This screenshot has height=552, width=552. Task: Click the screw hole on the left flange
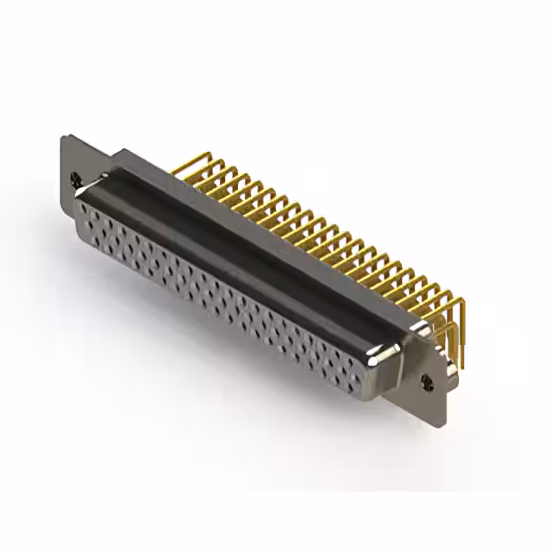77,179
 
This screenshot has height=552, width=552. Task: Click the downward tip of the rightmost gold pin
462,366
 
